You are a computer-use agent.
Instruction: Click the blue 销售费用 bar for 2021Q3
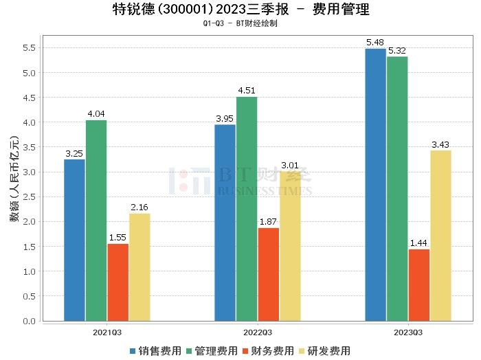(74, 240)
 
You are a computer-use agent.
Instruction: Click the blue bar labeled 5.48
(375, 185)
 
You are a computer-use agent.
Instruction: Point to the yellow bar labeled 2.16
(139, 267)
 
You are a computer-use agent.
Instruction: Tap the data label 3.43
(440, 143)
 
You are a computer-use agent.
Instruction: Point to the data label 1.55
(118, 236)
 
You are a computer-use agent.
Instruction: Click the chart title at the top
(240, 10)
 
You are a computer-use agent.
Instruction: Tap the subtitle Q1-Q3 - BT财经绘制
(240, 23)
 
